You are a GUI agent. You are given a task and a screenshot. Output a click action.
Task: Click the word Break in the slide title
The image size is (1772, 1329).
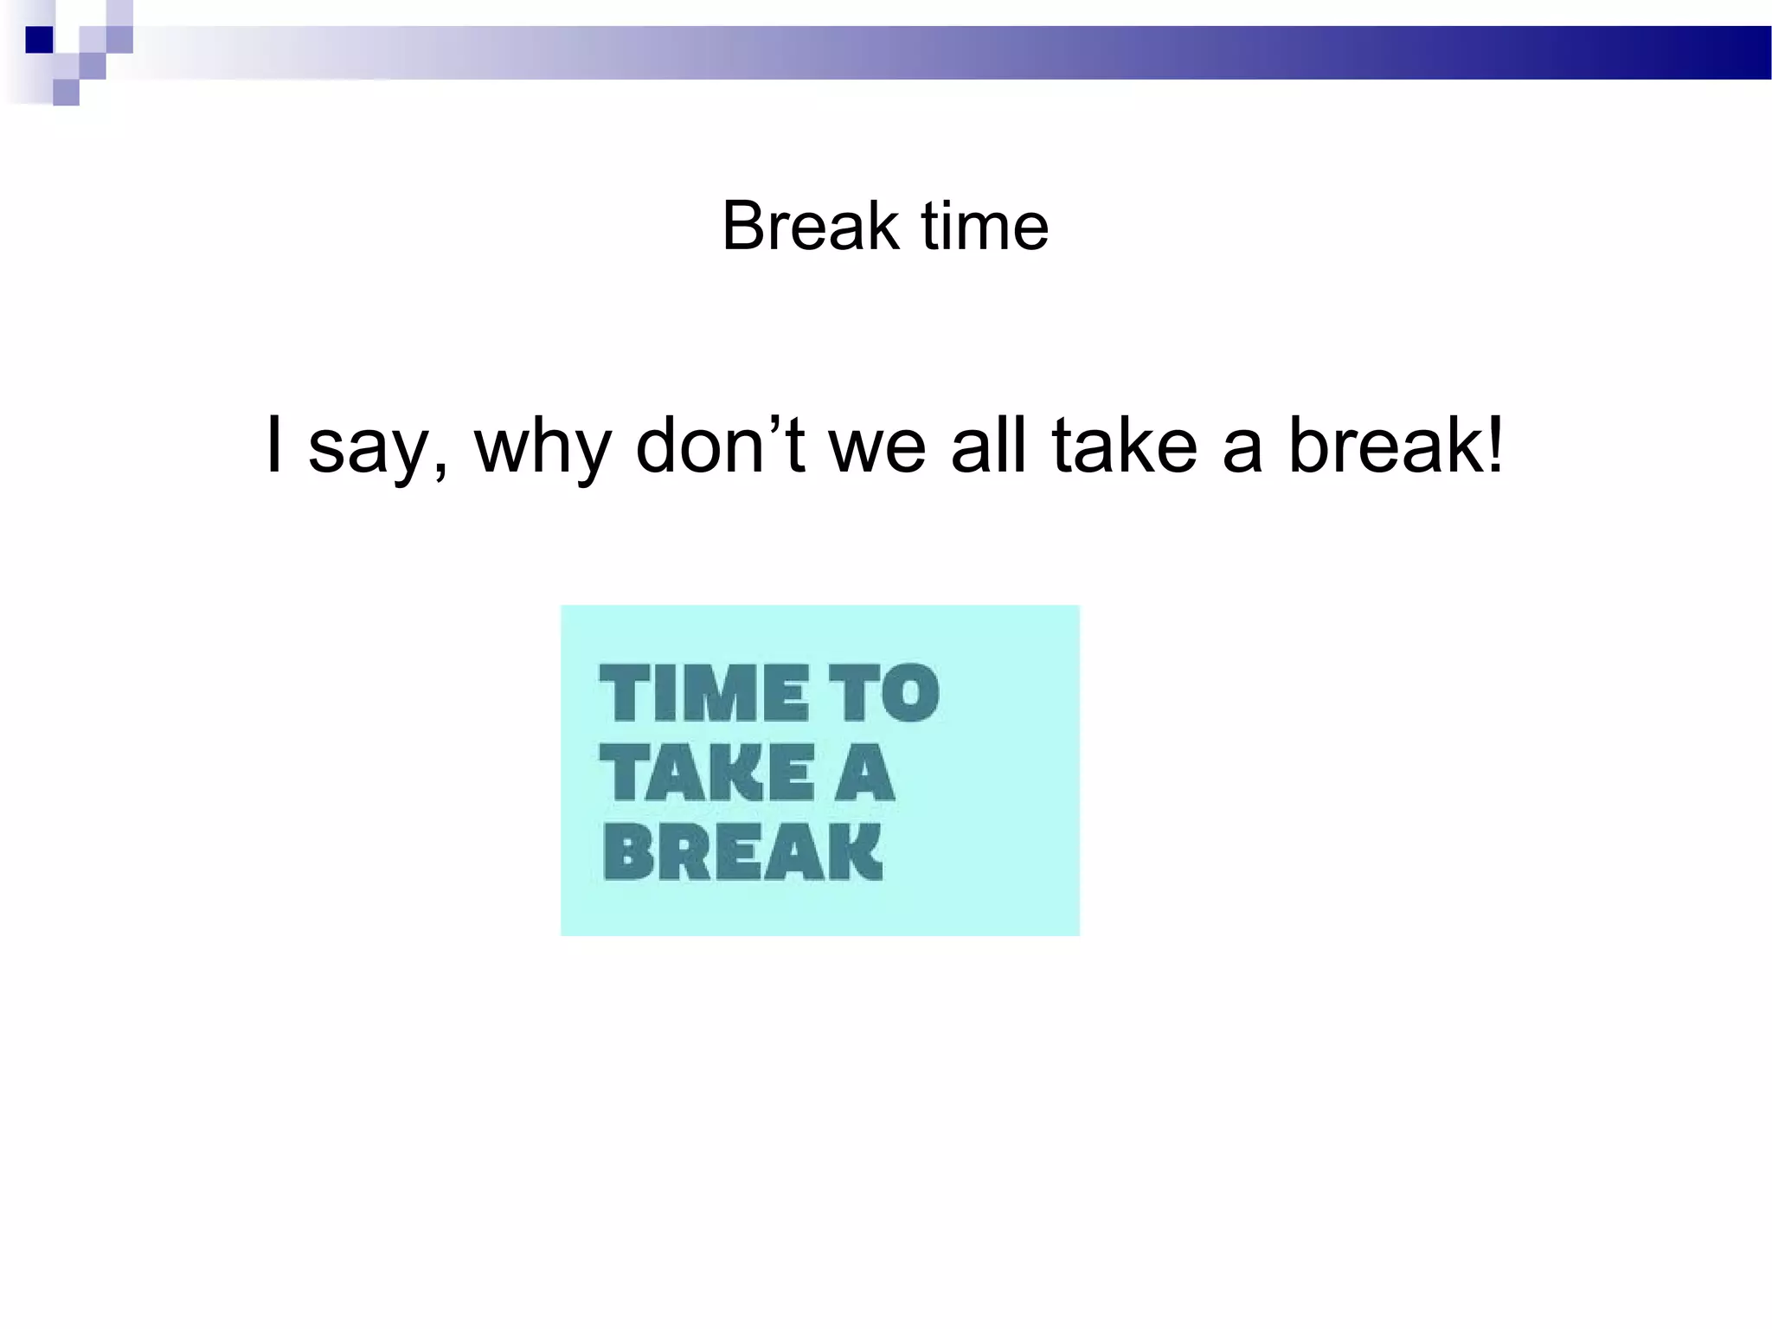click(810, 227)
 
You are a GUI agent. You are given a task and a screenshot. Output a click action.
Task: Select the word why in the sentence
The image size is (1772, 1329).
click(543, 448)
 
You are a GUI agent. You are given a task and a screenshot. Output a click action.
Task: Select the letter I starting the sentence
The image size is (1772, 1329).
click(274, 445)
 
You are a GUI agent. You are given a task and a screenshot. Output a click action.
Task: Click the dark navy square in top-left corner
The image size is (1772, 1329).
click(39, 40)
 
